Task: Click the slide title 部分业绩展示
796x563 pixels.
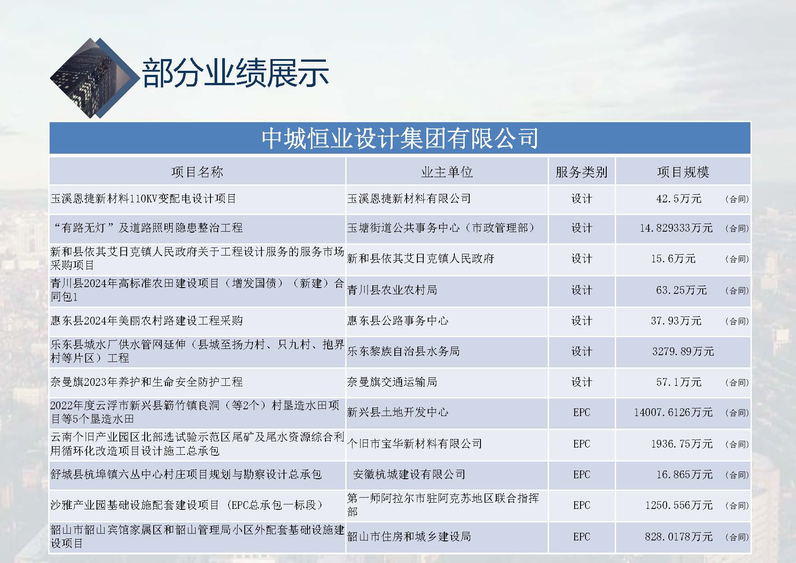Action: click(235, 73)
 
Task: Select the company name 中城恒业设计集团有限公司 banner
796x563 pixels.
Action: click(400, 138)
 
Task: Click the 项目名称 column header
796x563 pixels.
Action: click(197, 172)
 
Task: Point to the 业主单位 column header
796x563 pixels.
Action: click(447, 172)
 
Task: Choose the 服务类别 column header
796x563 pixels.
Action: click(581, 172)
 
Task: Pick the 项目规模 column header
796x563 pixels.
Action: click(683, 172)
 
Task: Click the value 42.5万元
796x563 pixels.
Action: click(679, 199)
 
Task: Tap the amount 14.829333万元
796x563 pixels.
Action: click(676, 228)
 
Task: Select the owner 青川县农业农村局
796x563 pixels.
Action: click(392, 290)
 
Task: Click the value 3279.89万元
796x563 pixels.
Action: click(683, 351)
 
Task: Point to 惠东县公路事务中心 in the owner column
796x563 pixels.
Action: click(398, 320)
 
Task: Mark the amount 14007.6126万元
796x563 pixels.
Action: click(673, 412)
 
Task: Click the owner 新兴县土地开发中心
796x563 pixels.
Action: click(398, 412)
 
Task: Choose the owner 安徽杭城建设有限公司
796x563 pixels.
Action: click(409, 474)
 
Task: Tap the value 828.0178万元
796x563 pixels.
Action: click(679, 536)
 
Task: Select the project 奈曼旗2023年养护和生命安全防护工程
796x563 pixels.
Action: click(146, 382)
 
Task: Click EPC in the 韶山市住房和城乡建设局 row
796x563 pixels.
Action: click(581, 536)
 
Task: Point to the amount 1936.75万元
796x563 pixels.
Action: click(682, 444)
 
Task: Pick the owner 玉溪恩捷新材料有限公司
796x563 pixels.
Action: click(409, 198)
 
